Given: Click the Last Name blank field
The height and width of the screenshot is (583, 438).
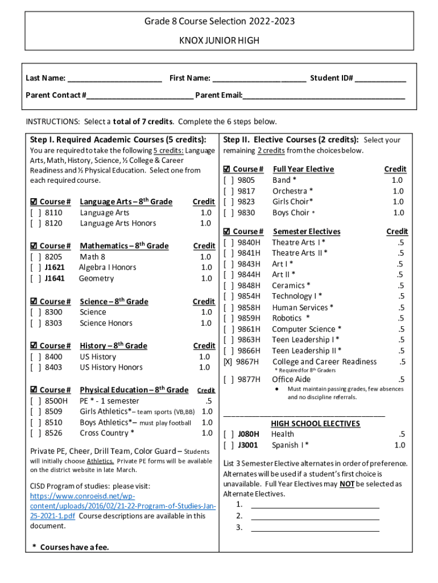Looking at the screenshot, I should pyautogui.click(x=114, y=79).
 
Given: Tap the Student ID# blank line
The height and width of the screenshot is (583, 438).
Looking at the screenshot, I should pyautogui.click(x=381, y=79).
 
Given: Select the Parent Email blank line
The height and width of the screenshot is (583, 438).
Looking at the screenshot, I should pyautogui.click(x=324, y=95).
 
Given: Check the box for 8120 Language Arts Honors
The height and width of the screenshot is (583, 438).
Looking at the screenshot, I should pyautogui.click(x=35, y=223).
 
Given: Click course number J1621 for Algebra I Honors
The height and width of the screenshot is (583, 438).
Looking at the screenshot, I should pyautogui.click(x=55, y=268).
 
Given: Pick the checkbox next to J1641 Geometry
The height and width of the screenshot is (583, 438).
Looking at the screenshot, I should pyautogui.click(x=35, y=278).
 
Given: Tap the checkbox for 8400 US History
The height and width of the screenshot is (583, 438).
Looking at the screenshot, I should pyautogui.click(x=35, y=356).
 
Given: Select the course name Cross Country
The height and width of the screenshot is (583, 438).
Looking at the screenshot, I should pyautogui.click(x=104, y=433).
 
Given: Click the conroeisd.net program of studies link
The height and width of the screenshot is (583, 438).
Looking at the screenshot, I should pyautogui.click(x=122, y=506).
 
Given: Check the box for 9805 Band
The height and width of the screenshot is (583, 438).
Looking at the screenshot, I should pyautogui.click(x=229, y=180).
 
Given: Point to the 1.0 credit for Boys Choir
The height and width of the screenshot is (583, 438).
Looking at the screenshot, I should pyautogui.click(x=398, y=212).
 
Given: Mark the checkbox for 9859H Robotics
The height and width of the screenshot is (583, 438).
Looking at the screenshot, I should pyautogui.click(x=229, y=318).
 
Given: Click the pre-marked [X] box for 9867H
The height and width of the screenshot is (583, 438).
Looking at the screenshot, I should pyautogui.click(x=229, y=362).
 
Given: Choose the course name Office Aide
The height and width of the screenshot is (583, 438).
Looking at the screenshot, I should pyautogui.click(x=291, y=379).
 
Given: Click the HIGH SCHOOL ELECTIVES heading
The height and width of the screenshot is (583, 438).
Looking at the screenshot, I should pyautogui.click(x=315, y=424).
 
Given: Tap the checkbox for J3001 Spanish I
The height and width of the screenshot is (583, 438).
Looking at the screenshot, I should pyautogui.click(x=229, y=445).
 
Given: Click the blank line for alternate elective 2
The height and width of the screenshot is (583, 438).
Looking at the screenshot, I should pyautogui.click(x=315, y=516).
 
